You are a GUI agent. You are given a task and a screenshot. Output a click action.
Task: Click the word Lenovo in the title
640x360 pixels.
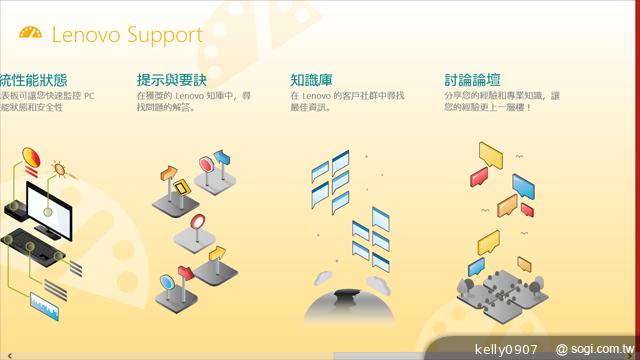[x=84, y=36]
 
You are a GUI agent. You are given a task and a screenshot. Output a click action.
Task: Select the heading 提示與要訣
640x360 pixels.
[x=173, y=79]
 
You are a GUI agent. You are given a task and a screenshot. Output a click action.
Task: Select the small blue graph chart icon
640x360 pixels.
[x=48, y=301]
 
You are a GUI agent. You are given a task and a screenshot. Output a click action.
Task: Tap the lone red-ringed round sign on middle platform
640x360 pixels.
[x=197, y=221]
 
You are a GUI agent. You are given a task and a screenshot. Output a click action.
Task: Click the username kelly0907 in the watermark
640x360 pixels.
[x=505, y=349]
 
